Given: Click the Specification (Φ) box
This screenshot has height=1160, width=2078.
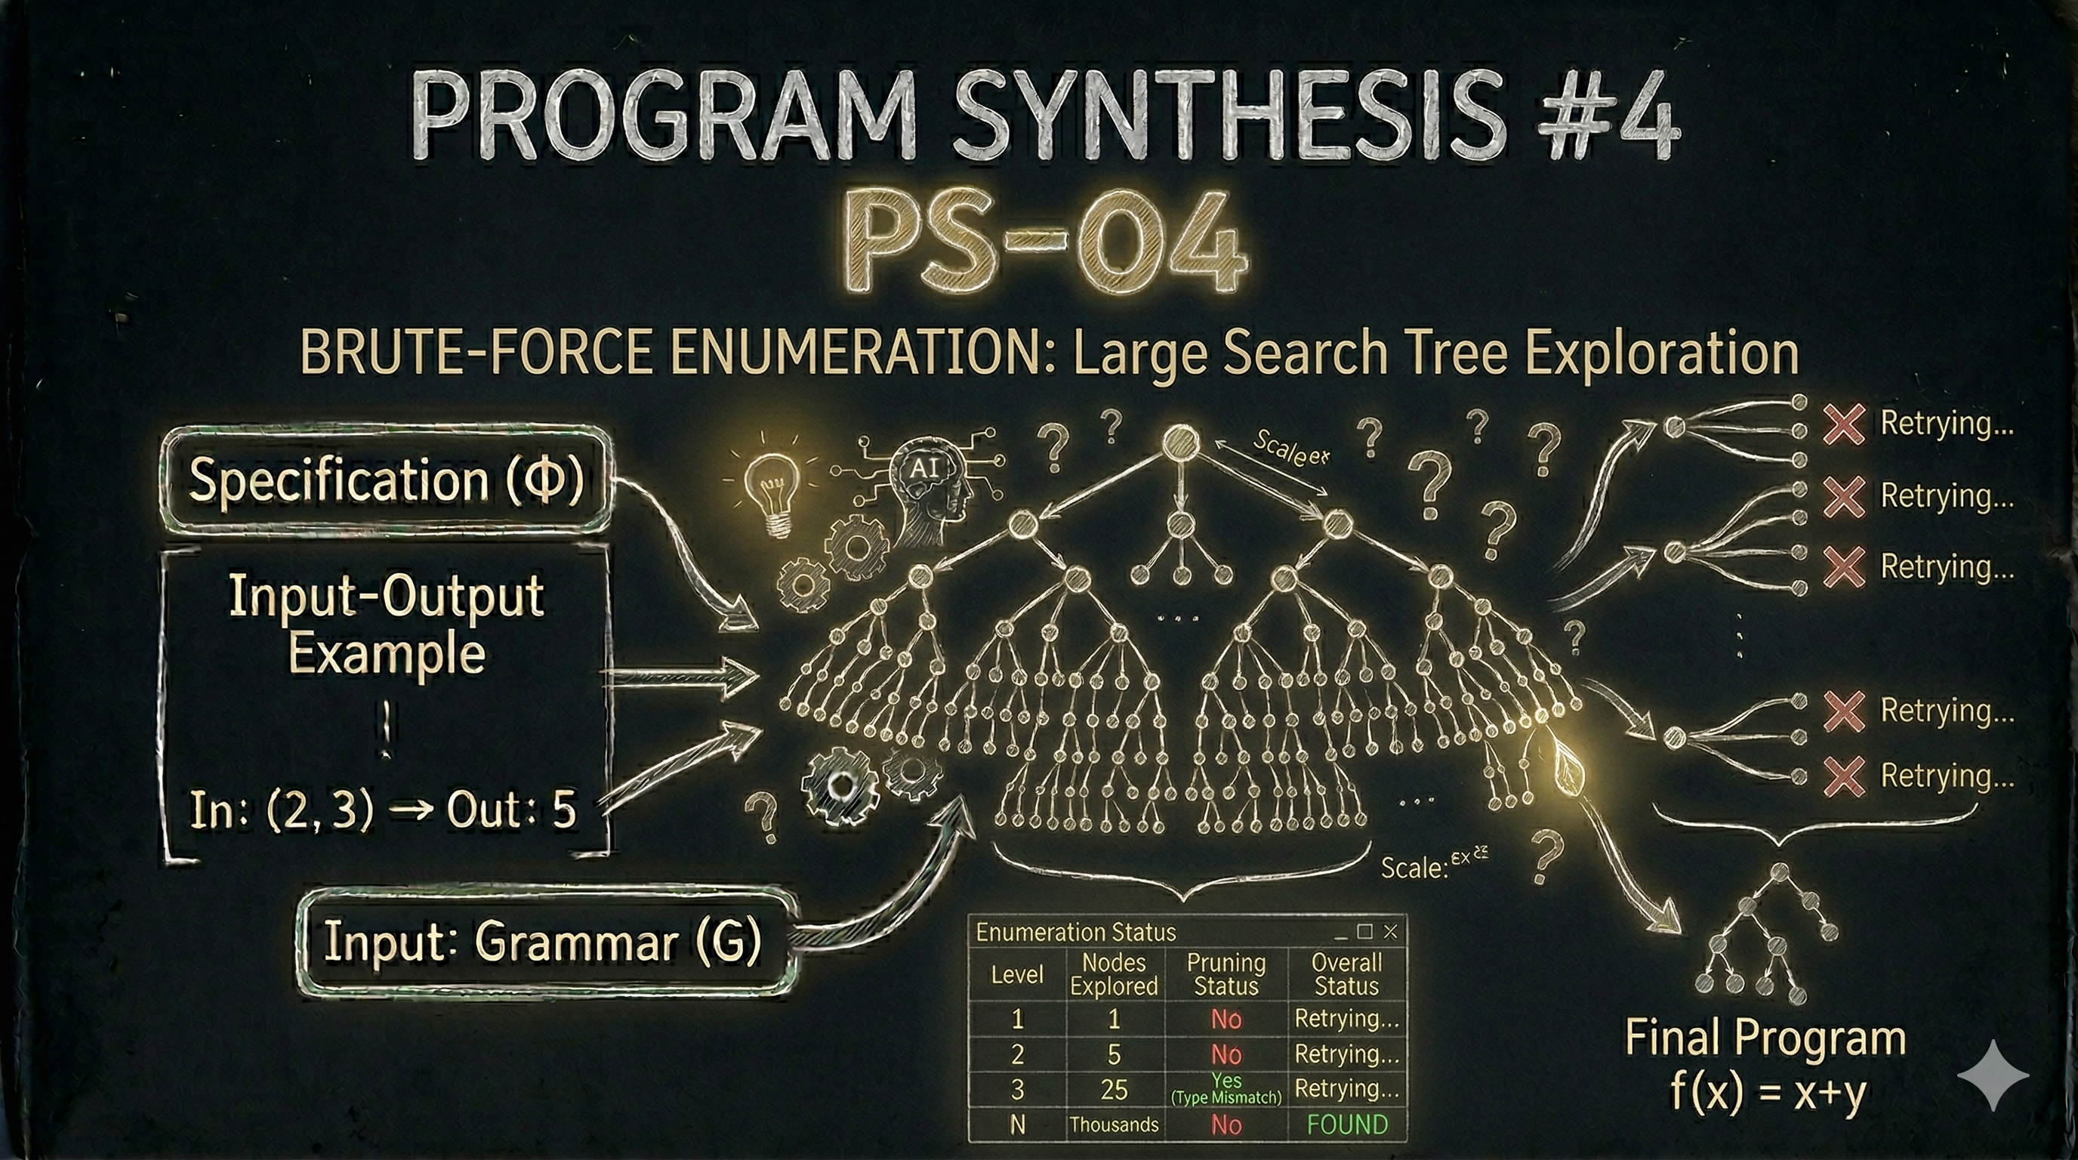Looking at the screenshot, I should coord(386,480).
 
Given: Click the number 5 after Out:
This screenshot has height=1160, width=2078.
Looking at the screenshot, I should coord(564,810).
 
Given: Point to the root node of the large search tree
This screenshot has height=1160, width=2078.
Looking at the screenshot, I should coord(1179,443).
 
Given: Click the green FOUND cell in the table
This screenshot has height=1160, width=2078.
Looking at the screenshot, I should coord(1346,1125).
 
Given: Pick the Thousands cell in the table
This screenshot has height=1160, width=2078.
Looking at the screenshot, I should coord(1114,1125).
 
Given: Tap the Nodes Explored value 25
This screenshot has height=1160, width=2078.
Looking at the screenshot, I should coord(1114,1090).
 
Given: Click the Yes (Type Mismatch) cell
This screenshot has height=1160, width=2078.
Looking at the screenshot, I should coord(1226,1089).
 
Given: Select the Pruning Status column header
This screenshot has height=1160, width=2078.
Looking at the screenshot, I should coord(1226,973).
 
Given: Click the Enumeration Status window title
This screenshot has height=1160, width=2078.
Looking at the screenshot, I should coord(1075,933).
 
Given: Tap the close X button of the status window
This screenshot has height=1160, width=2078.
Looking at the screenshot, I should coord(1390,932).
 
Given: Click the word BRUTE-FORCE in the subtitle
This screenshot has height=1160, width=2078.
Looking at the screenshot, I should coord(476,353).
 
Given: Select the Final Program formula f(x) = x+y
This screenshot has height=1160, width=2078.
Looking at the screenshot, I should coord(1768,1093).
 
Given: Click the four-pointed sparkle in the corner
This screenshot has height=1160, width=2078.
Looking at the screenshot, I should coord(1992,1076).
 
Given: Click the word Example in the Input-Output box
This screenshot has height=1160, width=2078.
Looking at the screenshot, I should coord(387,653).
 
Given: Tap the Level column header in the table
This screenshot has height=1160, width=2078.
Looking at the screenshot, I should coord(1016,974).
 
